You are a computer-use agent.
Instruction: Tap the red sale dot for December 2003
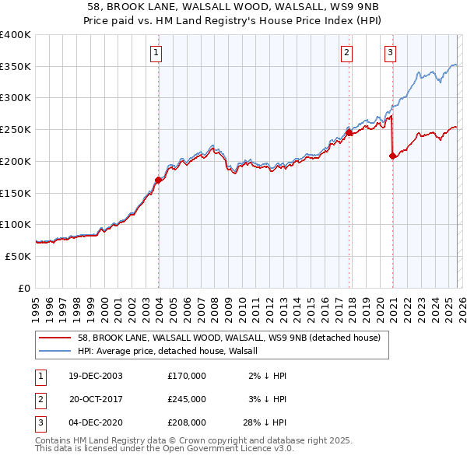pos(158,180)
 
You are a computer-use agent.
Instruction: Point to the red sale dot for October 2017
pos(349,133)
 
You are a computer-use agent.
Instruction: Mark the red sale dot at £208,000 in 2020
pos(392,156)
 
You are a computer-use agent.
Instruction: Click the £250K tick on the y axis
pos(16,130)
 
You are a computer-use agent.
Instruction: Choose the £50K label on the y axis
pos(19,256)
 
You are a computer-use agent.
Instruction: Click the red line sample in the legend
pos(56,338)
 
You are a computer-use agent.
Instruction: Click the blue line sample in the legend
pos(56,351)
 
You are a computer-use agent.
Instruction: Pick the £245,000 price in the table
pos(186,399)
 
